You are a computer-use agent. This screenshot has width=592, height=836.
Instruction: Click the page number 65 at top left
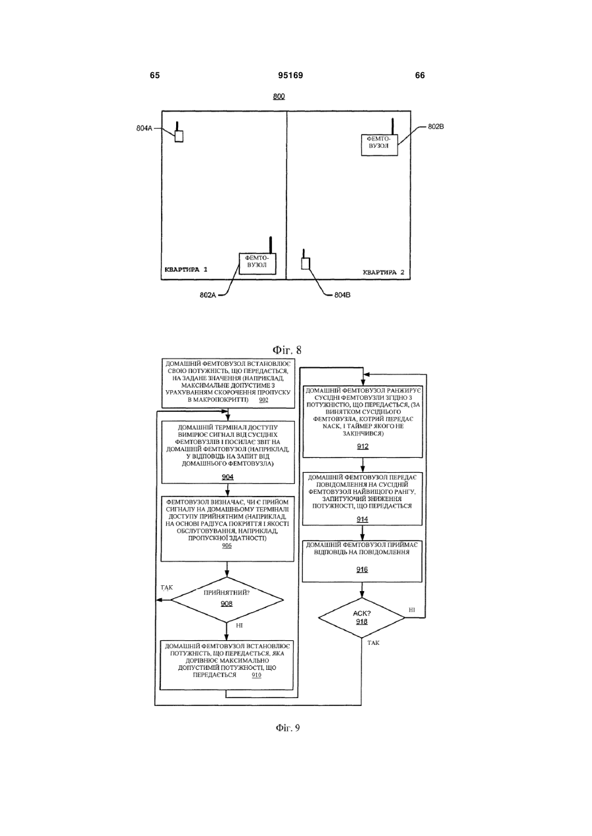point(154,76)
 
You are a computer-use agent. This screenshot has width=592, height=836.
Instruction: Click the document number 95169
point(290,76)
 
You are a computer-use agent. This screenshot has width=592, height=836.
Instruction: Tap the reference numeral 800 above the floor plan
point(279,97)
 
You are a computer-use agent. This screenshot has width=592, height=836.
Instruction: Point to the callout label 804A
point(144,128)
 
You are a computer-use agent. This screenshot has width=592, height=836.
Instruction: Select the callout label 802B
point(436,127)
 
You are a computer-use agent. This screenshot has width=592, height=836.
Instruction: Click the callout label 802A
point(208,295)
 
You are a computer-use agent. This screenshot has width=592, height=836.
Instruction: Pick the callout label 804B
point(342,295)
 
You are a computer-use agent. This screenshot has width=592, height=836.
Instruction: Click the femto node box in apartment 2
point(380,145)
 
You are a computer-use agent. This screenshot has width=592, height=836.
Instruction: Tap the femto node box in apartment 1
point(258,263)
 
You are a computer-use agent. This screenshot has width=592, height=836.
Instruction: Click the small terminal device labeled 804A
point(179,136)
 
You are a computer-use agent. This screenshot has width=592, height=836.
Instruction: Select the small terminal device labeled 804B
point(306,263)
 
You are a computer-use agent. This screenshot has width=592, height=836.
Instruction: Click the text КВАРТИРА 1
point(186,269)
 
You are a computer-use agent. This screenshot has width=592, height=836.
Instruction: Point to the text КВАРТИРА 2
point(384,272)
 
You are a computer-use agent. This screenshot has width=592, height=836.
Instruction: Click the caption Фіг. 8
point(287,350)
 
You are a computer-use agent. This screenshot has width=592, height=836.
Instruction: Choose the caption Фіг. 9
point(288,728)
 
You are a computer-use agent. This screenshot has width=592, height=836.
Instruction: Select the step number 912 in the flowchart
point(363,447)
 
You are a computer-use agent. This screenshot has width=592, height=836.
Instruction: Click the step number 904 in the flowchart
point(228,477)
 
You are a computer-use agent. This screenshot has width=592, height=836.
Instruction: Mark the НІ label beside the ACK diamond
point(412,610)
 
